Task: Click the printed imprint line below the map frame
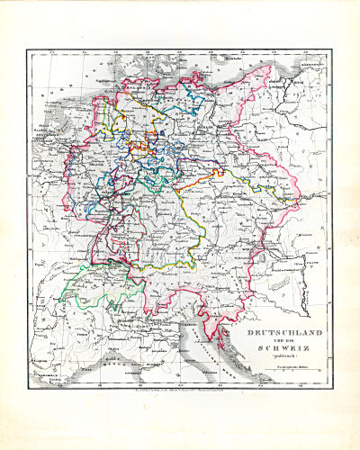tap(179, 389)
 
